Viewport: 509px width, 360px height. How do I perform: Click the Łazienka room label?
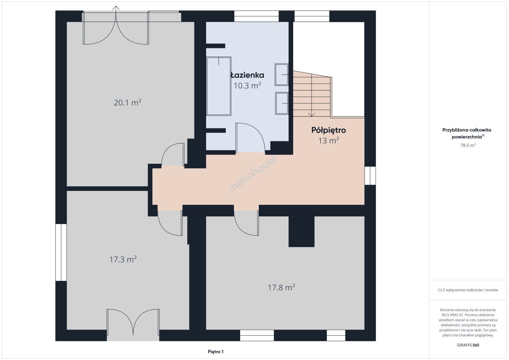247,75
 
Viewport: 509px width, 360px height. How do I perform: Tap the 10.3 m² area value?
247,85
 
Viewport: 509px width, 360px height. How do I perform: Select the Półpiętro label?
329,130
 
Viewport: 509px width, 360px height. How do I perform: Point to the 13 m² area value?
329,140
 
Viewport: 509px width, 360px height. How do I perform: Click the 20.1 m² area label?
127,102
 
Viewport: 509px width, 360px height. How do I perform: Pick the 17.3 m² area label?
123,259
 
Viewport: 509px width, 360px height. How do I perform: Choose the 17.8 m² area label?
281,287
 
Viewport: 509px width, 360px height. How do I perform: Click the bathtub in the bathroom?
219,86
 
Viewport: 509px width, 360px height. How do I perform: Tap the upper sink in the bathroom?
282,74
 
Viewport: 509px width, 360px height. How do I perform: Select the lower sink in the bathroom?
282,103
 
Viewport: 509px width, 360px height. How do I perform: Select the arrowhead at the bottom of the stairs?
312,115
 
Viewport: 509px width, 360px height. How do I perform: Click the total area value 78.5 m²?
468,145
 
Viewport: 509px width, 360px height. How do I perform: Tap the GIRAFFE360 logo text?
468,345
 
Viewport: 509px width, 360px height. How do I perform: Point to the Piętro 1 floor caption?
216,352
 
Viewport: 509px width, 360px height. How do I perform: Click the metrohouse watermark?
253,174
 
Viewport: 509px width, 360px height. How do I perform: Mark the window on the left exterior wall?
61,252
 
